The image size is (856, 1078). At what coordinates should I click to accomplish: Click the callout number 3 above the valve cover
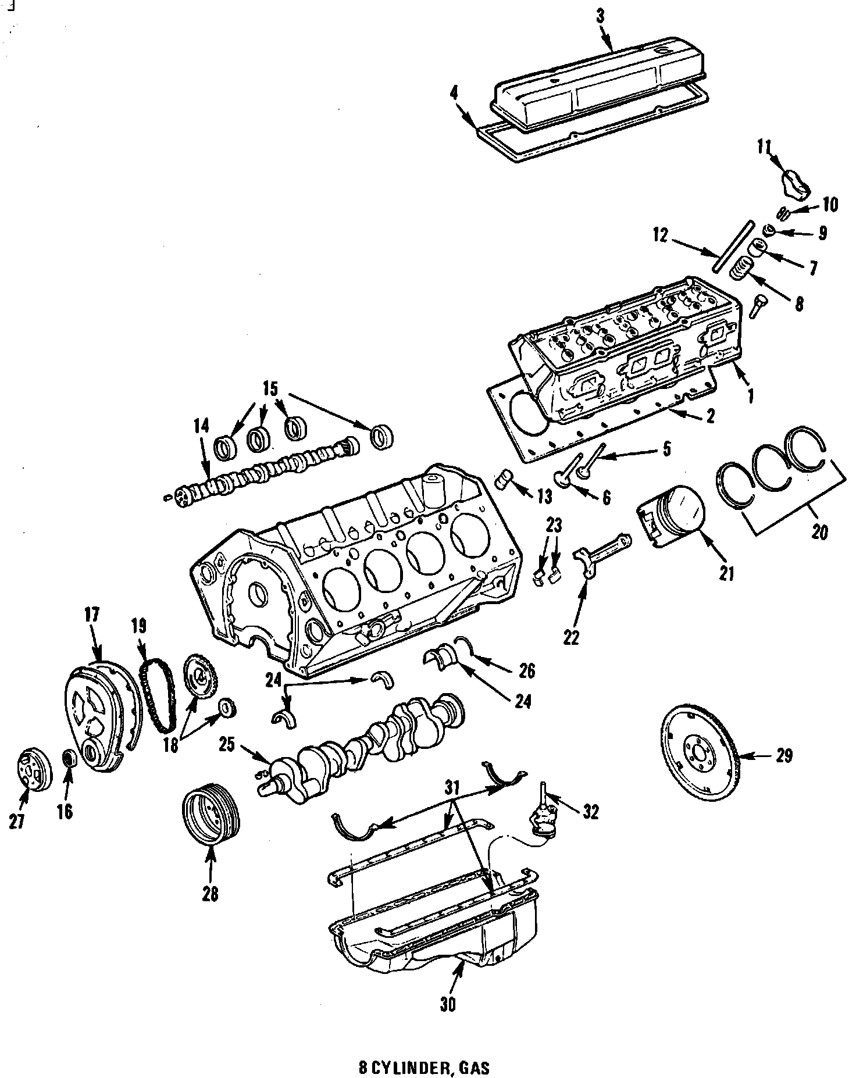point(600,17)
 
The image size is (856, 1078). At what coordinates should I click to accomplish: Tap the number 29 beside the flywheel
point(784,756)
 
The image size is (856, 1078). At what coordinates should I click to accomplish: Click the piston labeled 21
point(675,515)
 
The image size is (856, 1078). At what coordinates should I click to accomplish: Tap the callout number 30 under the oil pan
point(448,1004)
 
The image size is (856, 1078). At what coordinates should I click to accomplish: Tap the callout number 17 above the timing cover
point(92,615)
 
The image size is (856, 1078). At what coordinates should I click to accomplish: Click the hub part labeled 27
point(33,771)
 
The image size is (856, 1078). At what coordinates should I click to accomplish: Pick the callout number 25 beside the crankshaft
point(227,745)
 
